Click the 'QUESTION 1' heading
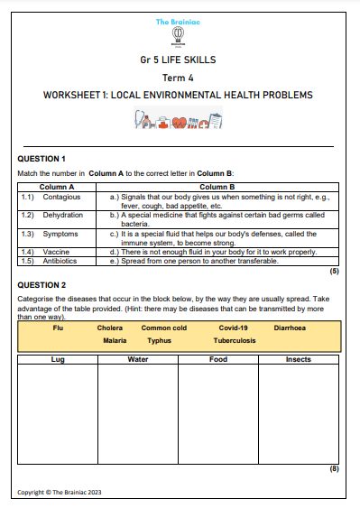[42, 159]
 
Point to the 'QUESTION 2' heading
[42, 284]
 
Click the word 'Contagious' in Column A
[61, 196]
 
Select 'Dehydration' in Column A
[62, 216]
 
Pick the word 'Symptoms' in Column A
[60, 234]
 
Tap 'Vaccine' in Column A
[55, 252]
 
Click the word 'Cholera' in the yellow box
[110, 329]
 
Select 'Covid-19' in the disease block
[233, 329]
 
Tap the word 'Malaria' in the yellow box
[115, 342]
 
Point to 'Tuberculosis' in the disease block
[235, 342]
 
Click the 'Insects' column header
[298, 359]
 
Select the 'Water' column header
[138, 359]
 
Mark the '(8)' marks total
[333, 469]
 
